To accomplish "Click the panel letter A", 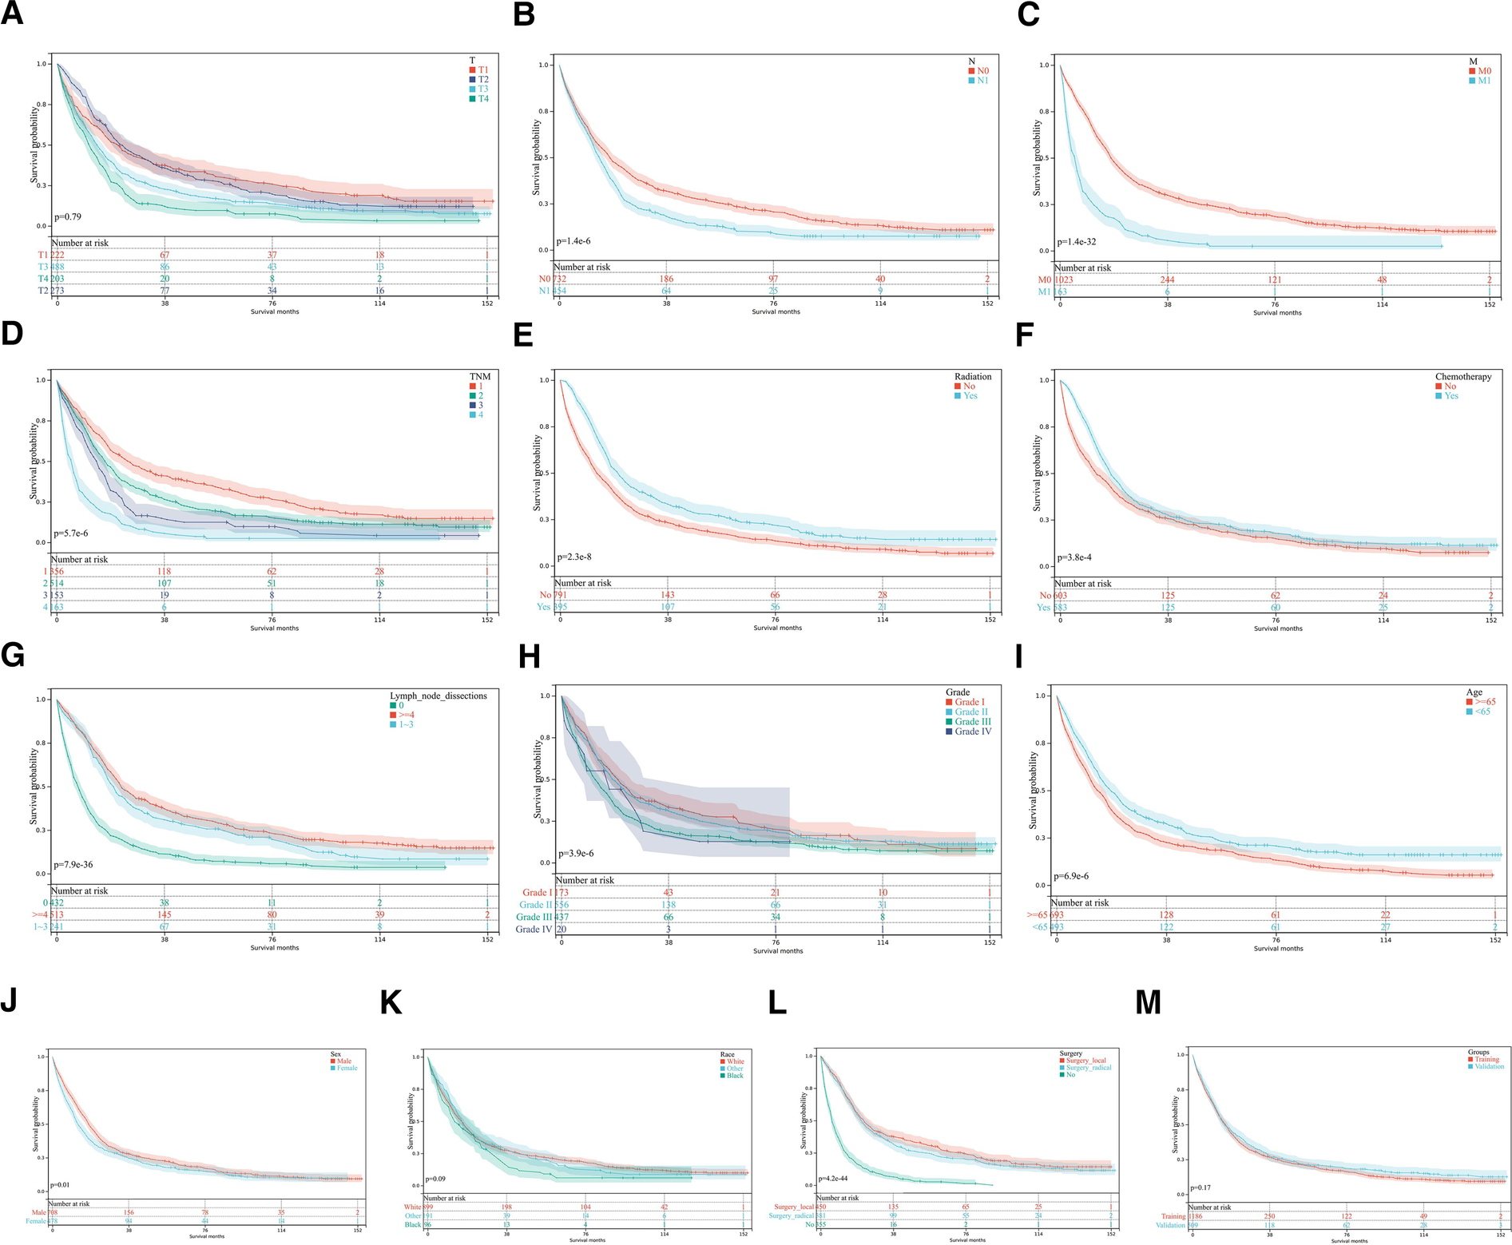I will point(12,14).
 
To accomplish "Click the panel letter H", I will point(530,656).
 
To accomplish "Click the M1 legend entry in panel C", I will point(1483,81).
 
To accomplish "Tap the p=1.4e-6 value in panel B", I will point(574,241).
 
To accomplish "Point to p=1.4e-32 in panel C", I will point(1077,242).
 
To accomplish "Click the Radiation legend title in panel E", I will point(972,377).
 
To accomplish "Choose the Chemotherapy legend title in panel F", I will point(1462,377).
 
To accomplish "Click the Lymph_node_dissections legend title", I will point(438,696).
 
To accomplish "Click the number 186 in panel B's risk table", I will point(666,280).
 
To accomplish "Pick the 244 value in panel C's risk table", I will point(1167,280).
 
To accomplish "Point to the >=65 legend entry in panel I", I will point(1485,702).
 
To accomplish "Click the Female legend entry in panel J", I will point(347,1069).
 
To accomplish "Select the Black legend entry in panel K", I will point(734,1076).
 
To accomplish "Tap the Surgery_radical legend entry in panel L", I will point(1088,1068).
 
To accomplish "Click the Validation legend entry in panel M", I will point(1488,1067).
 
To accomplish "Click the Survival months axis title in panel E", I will point(777,628).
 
